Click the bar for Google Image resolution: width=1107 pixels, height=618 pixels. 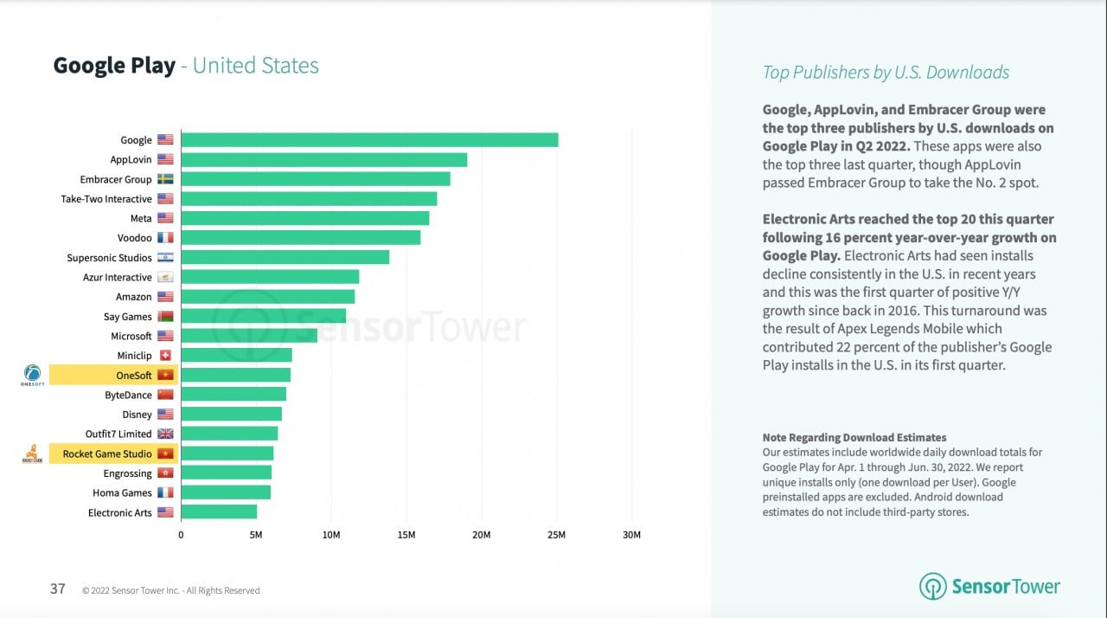(x=369, y=140)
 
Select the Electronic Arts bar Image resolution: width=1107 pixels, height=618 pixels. (x=219, y=512)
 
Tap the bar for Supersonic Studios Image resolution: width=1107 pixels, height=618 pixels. (x=285, y=258)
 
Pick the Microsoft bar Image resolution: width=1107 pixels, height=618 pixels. (x=249, y=336)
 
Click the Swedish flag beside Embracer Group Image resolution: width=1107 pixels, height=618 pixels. (x=165, y=179)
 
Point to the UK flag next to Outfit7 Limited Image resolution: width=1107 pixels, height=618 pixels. (x=165, y=434)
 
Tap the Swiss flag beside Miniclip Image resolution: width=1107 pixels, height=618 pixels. (x=165, y=356)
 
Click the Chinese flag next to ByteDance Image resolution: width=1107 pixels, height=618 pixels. (x=165, y=395)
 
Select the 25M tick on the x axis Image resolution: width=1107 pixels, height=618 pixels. (x=556, y=535)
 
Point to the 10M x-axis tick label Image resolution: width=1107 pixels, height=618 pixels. (x=331, y=535)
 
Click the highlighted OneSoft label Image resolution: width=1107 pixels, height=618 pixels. (x=133, y=375)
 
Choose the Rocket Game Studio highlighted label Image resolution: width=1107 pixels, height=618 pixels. (x=107, y=454)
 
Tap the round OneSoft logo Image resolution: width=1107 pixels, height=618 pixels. (x=32, y=373)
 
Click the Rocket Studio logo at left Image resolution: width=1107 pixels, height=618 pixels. (x=32, y=453)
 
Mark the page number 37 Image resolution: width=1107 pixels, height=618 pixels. (x=58, y=589)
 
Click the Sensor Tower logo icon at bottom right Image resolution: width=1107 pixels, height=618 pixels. (x=933, y=586)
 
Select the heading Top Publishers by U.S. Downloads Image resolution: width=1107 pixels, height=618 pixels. (x=886, y=73)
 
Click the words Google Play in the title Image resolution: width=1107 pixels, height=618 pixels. (x=114, y=66)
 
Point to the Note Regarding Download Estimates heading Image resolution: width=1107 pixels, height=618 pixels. (x=854, y=438)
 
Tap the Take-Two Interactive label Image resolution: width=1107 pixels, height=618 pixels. (x=106, y=199)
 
